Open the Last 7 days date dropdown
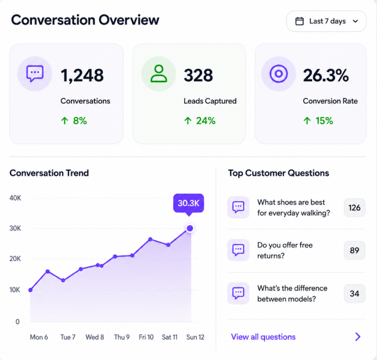[x=326, y=21]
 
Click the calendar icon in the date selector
[x=299, y=21]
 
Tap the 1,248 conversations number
[x=82, y=76]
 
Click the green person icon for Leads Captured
[x=159, y=74]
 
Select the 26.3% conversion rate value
[x=326, y=76]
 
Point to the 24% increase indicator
[x=200, y=120]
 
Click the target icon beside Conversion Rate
[x=278, y=74]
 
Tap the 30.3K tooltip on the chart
[x=188, y=203]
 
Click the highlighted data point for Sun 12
[x=190, y=228]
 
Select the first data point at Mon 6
[x=31, y=290]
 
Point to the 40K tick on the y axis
[x=15, y=198]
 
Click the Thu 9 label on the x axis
[x=122, y=337]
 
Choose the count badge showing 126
[x=355, y=208]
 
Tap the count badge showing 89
[x=355, y=250]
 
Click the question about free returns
[x=285, y=250]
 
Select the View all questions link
[x=263, y=337]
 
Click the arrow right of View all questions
[x=358, y=337]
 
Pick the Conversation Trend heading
[x=49, y=173]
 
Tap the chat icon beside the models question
[x=238, y=293]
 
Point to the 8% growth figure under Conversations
[x=74, y=120]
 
